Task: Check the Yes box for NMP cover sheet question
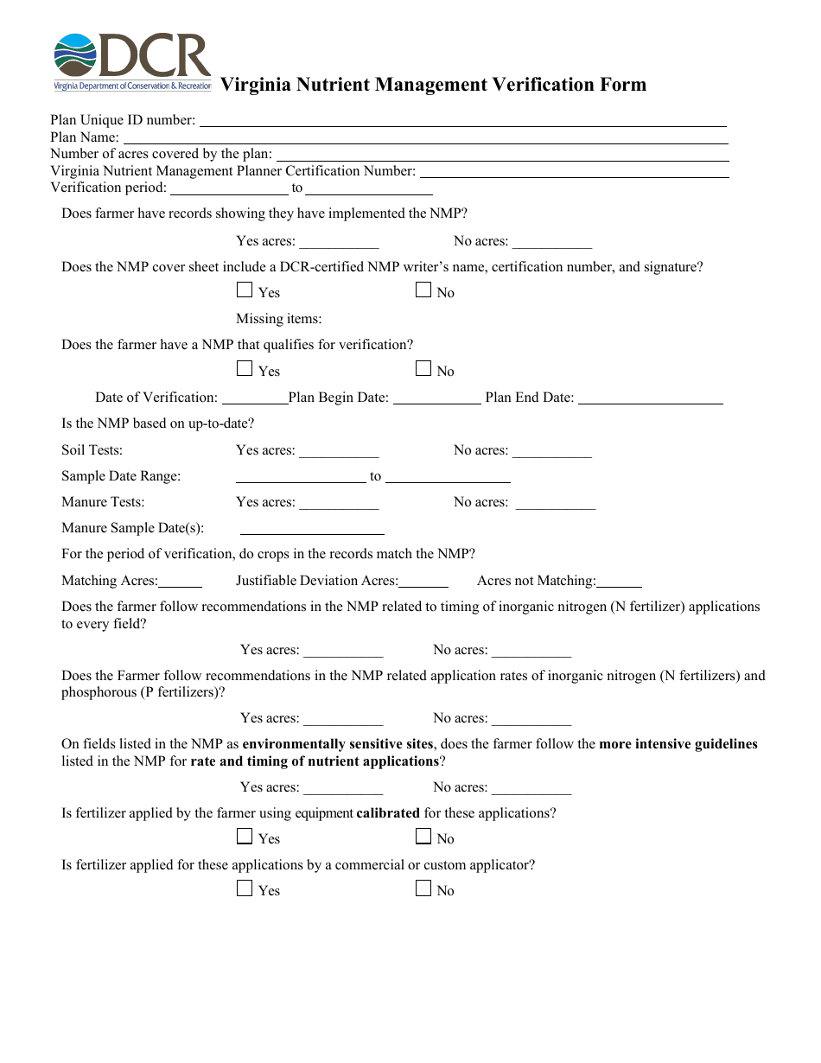click(x=245, y=290)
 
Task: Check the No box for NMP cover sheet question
click(x=423, y=290)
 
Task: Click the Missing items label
click(x=278, y=319)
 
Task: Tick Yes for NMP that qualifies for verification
click(x=245, y=369)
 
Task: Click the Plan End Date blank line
click(x=650, y=398)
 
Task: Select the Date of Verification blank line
click(x=255, y=398)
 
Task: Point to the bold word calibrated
click(x=388, y=813)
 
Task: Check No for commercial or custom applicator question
click(x=423, y=888)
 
